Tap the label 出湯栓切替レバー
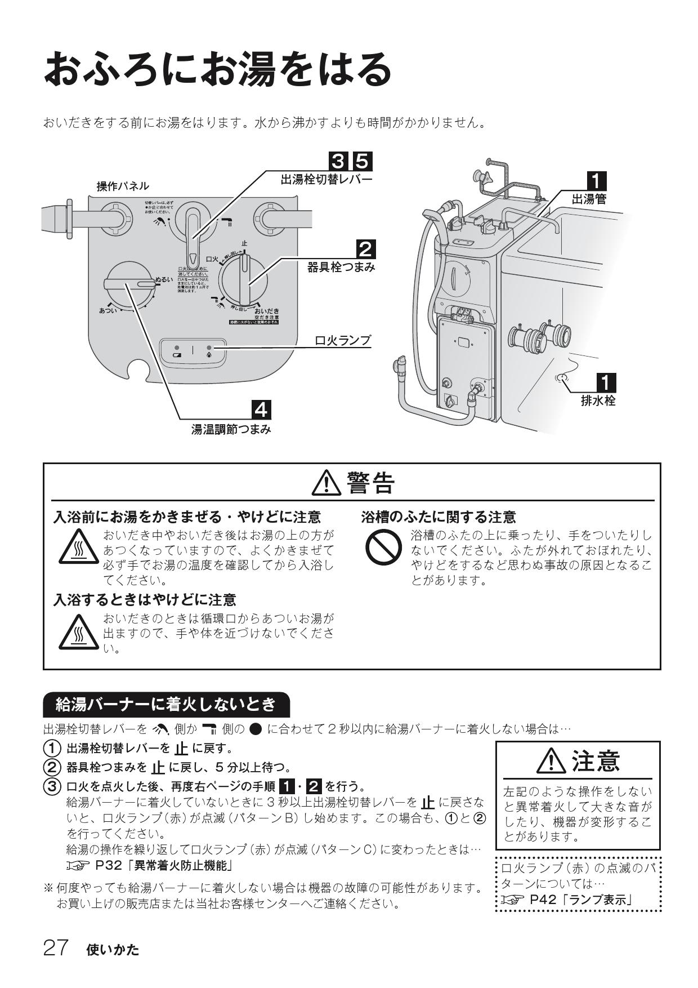coord(326,180)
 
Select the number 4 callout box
coord(261,410)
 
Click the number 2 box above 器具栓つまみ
coord(365,250)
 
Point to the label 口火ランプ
coord(342,340)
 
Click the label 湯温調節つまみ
coord(231,430)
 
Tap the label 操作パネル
coord(123,186)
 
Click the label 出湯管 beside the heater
coord(589,199)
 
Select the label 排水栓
coord(598,401)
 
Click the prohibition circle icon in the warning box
coord(383,548)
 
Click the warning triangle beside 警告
coord(326,483)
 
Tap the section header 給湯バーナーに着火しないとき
coord(166,704)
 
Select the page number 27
coord(56,948)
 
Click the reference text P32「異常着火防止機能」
coord(164,865)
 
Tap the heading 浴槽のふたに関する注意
coord(438,517)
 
